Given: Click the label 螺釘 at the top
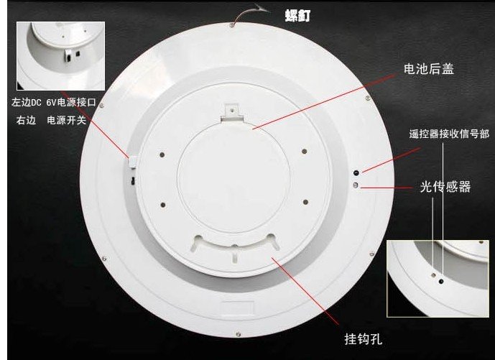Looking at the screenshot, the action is pyautogui.click(x=297, y=16).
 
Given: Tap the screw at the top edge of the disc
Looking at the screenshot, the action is pyautogui.click(x=232, y=24).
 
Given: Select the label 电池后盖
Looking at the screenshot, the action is pyautogui.click(x=429, y=69).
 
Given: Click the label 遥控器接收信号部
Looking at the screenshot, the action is pyautogui.click(x=449, y=134).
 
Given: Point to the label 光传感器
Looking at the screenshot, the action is pyautogui.click(x=445, y=187).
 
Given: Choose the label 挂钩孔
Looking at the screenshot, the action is pyautogui.click(x=363, y=339).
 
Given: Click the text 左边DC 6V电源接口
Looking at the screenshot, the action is pyautogui.click(x=54, y=102).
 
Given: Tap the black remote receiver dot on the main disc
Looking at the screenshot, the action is pyautogui.click(x=356, y=172).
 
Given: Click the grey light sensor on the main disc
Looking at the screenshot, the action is pyautogui.click(x=356, y=185).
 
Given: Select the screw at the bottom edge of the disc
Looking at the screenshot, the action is pyautogui.click(x=239, y=334).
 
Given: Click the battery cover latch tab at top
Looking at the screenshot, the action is pyautogui.click(x=232, y=113).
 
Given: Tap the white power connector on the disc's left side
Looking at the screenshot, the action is pyautogui.click(x=132, y=162).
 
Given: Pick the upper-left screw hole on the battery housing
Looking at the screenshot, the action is pyautogui.click(x=162, y=154).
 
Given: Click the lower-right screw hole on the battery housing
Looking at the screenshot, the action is pyautogui.click(x=305, y=202).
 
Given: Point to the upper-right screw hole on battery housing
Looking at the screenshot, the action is pyautogui.click(x=304, y=152).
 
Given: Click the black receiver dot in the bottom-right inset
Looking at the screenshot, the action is pyautogui.click(x=441, y=282).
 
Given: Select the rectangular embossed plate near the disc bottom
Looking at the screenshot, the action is pyautogui.click(x=237, y=309).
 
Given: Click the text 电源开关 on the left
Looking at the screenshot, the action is pyautogui.click(x=67, y=120).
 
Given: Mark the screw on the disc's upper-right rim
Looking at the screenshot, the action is pyautogui.click(x=367, y=98).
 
